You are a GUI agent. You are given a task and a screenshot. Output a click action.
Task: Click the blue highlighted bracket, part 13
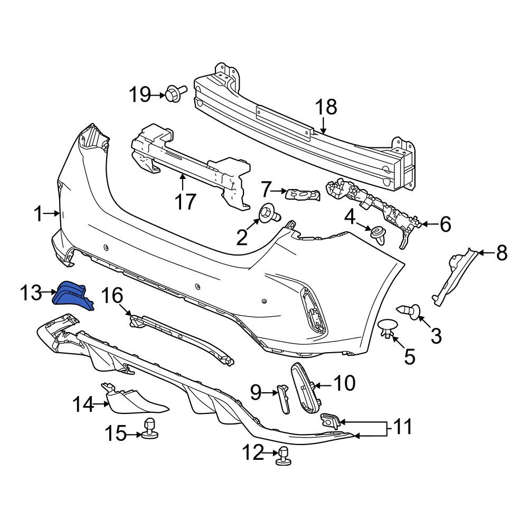[72, 296]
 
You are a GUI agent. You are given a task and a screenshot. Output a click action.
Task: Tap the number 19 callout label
[140, 95]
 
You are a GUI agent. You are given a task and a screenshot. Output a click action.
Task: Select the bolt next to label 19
[176, 92]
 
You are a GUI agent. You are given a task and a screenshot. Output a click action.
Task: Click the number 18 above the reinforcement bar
[326, 107]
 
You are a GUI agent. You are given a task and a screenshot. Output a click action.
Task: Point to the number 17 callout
[185, 202]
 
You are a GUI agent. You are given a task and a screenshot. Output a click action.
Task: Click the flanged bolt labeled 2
[270, 214]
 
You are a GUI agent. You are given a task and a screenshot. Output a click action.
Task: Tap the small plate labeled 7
[303, 195]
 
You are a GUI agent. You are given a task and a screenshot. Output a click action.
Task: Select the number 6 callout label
[445, 224]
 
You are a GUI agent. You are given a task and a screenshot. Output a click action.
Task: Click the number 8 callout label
[502, 253]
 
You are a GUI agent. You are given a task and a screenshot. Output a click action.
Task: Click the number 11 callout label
[403, 427]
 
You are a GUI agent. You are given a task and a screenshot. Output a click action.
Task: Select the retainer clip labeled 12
[284, 456]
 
